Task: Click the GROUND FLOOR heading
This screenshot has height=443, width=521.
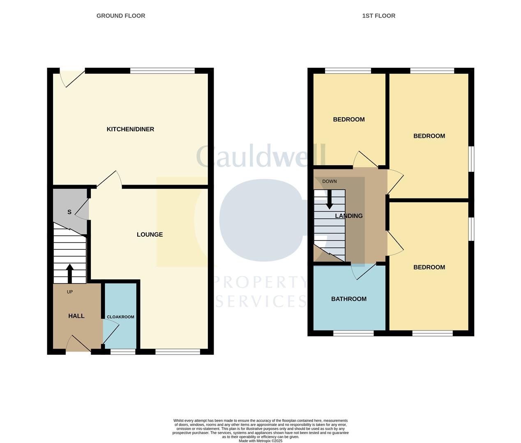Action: (x=121, y=16)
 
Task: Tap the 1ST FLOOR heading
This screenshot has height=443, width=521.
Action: (x=378, y=16)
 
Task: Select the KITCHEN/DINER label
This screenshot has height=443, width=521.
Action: (x=130, y=129)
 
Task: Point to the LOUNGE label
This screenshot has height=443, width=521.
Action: (x=150, y=235)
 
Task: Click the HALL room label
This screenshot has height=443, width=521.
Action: (x=76, y=316)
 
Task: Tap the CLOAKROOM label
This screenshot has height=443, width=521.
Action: (x=120, y=317)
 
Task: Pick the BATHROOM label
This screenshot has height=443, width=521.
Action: (x=348, y=299)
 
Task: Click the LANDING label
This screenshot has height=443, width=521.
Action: (x=349, y=216)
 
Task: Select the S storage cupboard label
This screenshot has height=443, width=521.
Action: (x=69, y=212)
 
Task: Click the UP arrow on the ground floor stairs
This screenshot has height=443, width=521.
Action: (x=70, y=273)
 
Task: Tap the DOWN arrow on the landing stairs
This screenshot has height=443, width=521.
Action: (x=329, y=200)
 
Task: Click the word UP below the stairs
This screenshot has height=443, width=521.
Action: (x=70, y=292)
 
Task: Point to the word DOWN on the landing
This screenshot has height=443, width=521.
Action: (x=329, y=181)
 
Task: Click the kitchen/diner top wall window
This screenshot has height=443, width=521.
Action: (x=162, y=71)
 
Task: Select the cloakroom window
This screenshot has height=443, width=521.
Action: (x=123, y=352)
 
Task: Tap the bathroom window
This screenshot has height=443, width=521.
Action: (x=353, y=333)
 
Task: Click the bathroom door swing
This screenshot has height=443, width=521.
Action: (x=364, y=271)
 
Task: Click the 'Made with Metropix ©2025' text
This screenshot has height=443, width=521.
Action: (x=260, y=441)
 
